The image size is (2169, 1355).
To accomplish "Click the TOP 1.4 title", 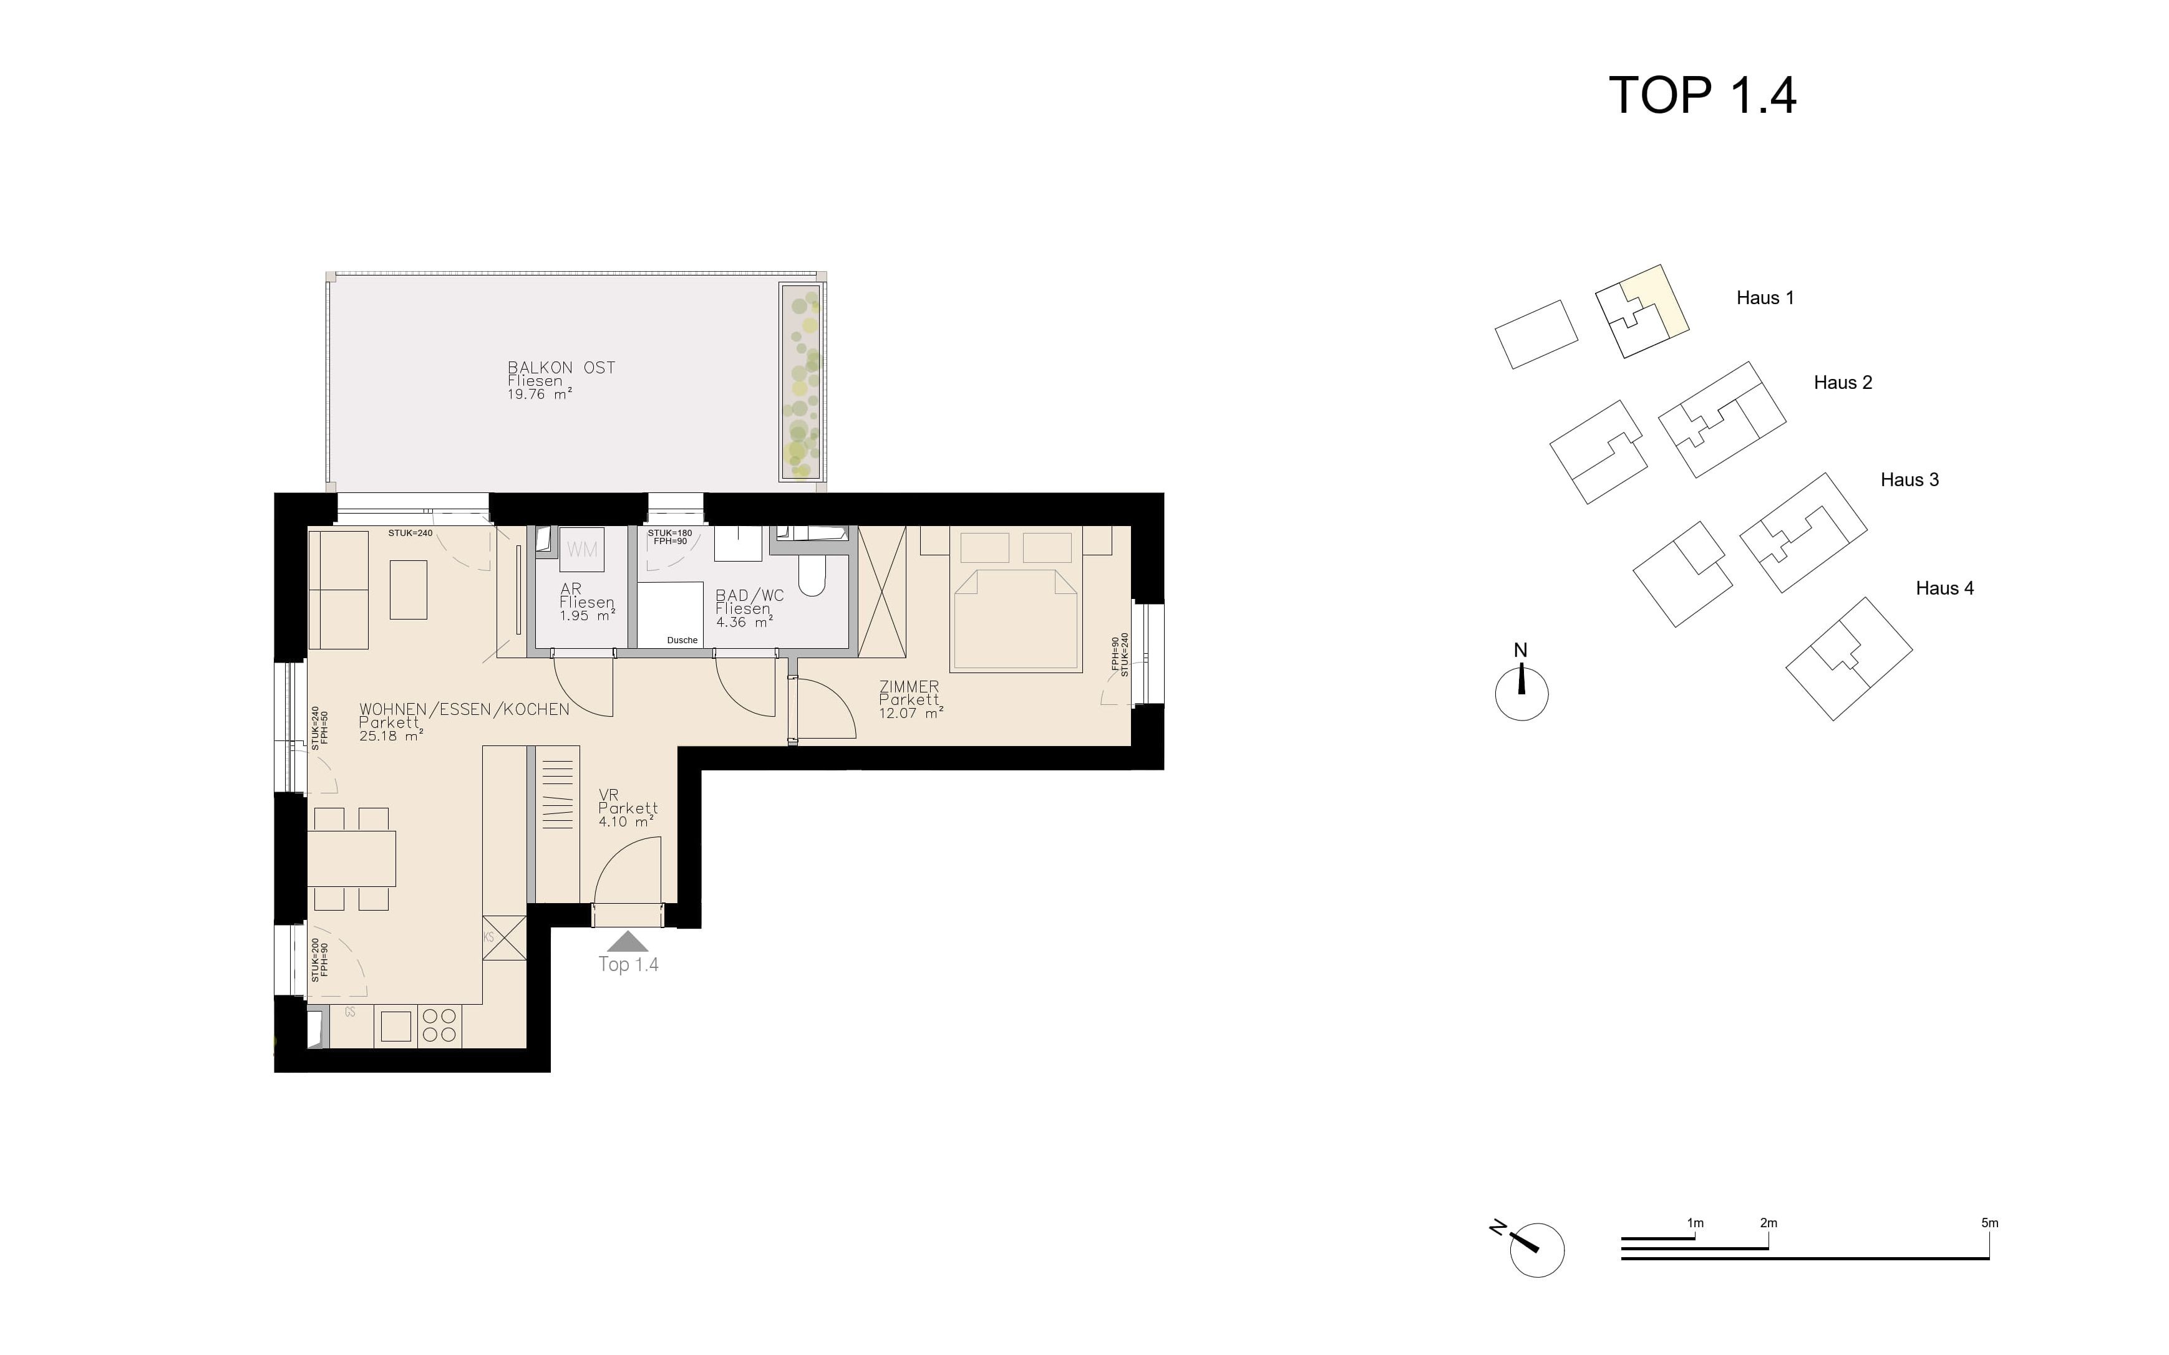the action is point(1702,96).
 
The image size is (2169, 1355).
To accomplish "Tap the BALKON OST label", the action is point(561,368).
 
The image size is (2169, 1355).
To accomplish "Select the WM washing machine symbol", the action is point(582,549).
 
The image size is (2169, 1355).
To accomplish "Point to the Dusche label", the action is point(682,640).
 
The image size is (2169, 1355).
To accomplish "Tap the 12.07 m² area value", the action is point(911,714).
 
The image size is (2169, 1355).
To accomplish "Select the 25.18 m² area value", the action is point(391,735).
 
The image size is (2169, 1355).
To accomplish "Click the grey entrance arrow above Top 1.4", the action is point(628,941).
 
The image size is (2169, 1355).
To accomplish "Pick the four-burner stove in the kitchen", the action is point(439,1026).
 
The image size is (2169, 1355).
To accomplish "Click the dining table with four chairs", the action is point(351,858).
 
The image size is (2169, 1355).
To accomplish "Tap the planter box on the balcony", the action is point(801,383).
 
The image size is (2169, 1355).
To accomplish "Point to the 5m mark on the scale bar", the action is point(1990,1223).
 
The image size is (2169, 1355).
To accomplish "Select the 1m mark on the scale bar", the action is point(1695,1223).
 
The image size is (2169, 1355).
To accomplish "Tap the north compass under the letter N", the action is point(1521,694).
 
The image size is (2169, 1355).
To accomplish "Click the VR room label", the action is point(609,795).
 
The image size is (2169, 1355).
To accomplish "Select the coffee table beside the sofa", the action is point(408,589).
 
